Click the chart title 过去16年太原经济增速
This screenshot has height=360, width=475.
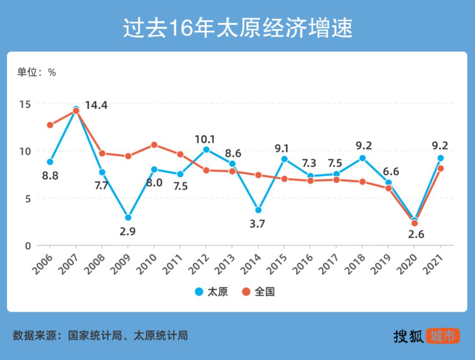coord(237,29)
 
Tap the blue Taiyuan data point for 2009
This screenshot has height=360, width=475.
coord(128,218)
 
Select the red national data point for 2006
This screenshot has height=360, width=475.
coord(50,125)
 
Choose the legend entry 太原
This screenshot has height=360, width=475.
coord(212,291)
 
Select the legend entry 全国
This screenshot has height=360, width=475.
coord(259,291)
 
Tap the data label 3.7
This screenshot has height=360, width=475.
coord(257,224)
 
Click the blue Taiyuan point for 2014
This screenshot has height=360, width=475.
coord(258,210)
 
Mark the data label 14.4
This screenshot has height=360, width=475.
coord(96,105)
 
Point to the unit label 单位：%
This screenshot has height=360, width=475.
coord(37,73)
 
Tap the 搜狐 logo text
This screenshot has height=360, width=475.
coord(409,336)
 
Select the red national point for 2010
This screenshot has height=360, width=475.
coord(154,145)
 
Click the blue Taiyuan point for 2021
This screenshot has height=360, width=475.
coord(440,158)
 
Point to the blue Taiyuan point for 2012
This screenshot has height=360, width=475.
coord(206,149)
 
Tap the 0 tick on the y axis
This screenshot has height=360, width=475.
coord(28,246)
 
